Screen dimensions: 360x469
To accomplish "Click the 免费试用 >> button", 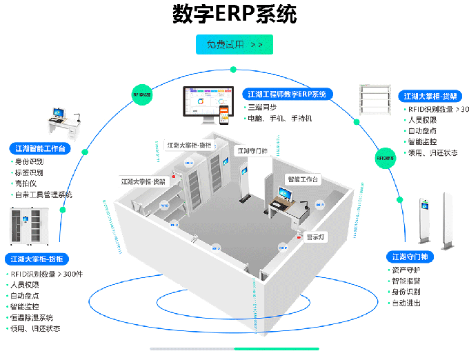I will pyautogui.click(x=234, y=45).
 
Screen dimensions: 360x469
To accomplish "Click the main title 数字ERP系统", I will pyautogui.click(x=234, y=14).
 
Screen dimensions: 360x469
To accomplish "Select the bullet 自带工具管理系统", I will pyautogui.click(x=43, y=194).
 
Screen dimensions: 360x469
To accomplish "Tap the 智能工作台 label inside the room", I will pyautogui.click(x=303, y=179).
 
